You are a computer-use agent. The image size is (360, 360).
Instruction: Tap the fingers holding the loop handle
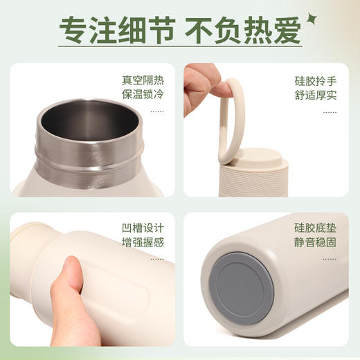[x=201, y=87]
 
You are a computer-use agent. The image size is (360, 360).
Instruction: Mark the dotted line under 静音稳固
[x=335, y=259]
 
